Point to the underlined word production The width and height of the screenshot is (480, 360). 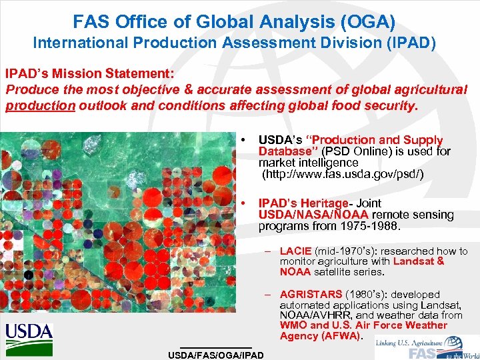tap(40, 106)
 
